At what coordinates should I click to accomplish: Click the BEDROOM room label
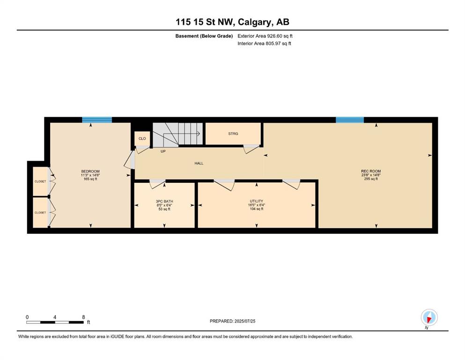point(90,171)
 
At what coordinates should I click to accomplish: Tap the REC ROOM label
point(371,171)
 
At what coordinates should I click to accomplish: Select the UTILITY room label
point(257,201)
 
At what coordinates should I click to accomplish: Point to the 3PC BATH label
point(164,201)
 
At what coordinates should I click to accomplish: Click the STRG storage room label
point(233,134)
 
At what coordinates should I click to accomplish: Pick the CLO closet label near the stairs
point(142,139)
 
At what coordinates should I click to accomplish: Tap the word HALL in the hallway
point(199,163)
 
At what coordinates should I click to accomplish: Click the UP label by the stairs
point(163,151)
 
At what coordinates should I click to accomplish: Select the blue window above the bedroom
point(97,120)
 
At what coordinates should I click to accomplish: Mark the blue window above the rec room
point(350,120)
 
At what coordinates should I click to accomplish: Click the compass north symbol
point(429,317)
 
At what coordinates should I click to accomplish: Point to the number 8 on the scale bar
point(83,317)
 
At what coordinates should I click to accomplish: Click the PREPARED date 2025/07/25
point(244,321)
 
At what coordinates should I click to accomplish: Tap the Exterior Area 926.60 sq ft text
point(265,36)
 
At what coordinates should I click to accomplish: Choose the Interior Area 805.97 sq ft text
point(264,43)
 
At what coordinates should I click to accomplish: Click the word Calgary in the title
point(255,22)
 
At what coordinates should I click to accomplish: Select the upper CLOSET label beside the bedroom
point(40,181)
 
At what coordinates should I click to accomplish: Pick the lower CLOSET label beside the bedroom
point(40,212)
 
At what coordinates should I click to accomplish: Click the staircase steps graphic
point(177,134)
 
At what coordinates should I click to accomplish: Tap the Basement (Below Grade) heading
point(204,36)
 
